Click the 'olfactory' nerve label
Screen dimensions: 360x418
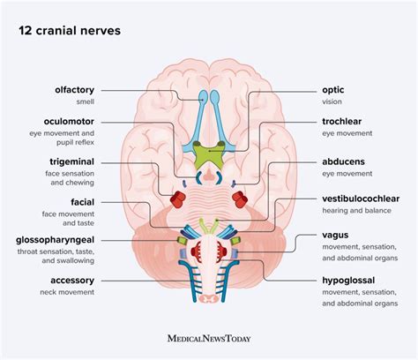(96, 89)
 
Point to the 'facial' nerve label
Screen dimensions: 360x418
(106, 201)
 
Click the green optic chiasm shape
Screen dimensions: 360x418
(208, 153)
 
